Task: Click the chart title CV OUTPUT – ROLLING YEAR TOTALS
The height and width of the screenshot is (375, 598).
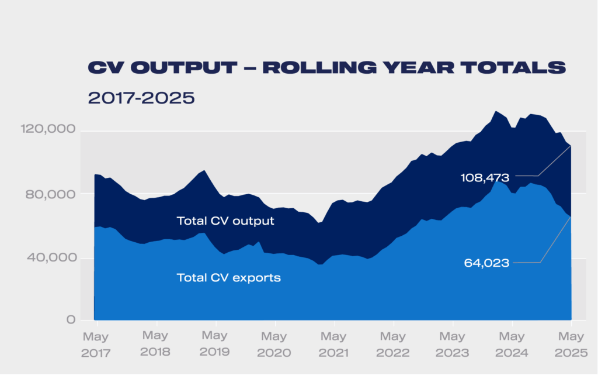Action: pos(326,67)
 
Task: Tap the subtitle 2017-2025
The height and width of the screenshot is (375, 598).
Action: pos(141,98)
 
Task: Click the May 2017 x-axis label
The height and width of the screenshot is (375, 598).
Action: pos(96,345)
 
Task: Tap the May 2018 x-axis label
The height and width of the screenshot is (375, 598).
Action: pos(155,345)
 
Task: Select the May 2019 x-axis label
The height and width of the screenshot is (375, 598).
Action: pos(214,345)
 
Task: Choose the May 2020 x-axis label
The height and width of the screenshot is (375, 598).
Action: pos(274,345)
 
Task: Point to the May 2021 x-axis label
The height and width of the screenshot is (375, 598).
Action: pos(333,345)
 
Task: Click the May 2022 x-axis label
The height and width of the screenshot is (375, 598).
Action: pos(392,345)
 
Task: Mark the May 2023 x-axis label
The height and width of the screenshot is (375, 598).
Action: pos(452,345)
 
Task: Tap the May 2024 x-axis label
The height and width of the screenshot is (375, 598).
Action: pos(512,345)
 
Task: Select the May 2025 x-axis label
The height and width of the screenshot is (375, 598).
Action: pos(571,345)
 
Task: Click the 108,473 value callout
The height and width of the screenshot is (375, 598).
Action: pos(485,177)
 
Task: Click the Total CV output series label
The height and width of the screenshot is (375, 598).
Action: pos(225,221)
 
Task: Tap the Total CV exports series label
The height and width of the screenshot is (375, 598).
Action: pos(229,278)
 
